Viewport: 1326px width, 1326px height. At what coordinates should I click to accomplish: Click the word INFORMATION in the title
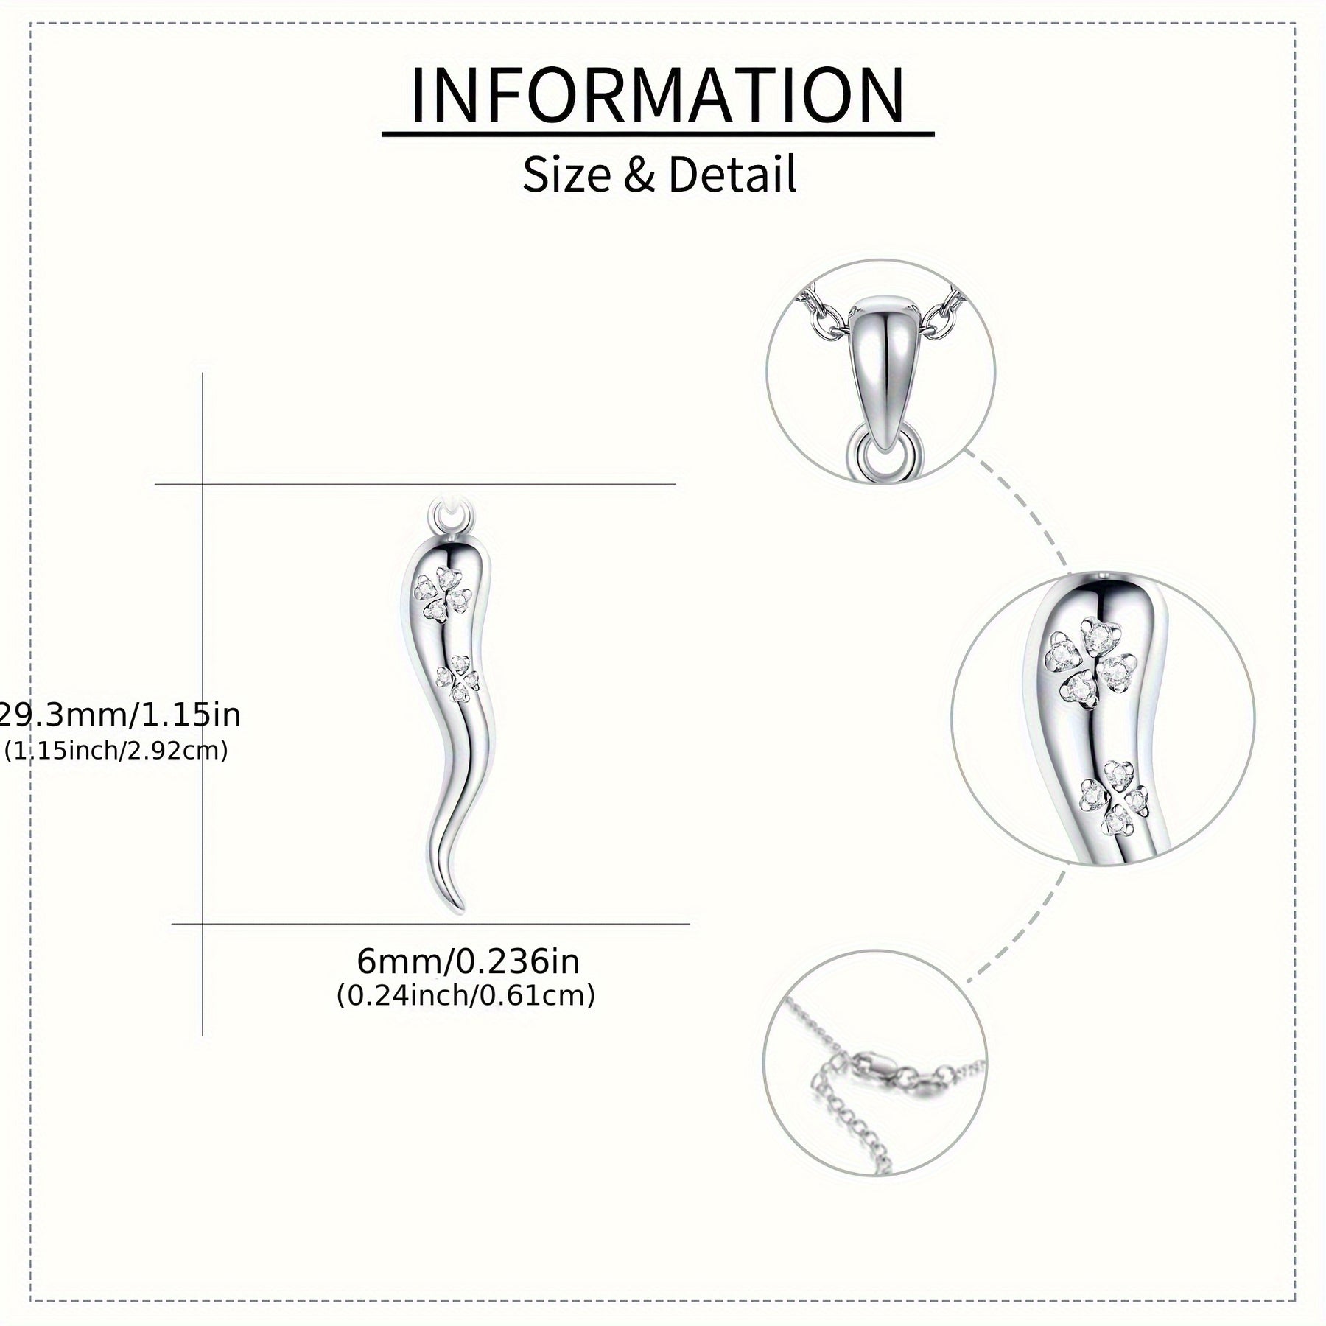pos(657,97)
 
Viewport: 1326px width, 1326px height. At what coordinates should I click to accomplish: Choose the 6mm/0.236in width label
pos(469,961)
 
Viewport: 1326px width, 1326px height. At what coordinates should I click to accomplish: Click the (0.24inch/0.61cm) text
pos(466,996)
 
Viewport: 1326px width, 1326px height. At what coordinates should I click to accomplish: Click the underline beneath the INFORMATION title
pos(658,134)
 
